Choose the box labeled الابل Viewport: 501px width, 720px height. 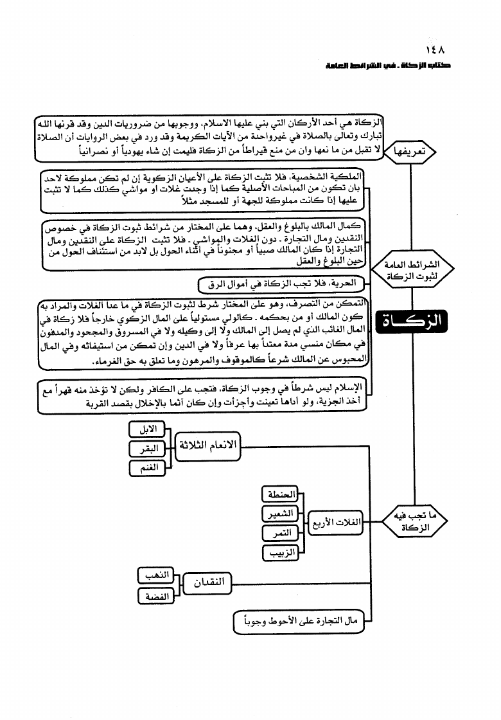tap(147, 429)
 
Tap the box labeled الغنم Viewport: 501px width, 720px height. tap(147, 469)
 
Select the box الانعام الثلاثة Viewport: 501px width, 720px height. tap(207, 447)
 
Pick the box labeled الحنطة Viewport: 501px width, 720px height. tap(281, 494)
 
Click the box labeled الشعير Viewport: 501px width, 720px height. tap(281, 514)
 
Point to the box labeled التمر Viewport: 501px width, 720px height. tap(281, 534)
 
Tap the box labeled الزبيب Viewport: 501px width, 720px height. tap(281, 553)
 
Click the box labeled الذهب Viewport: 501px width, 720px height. tap(156, 576)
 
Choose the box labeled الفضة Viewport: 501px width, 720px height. tap(156, 597)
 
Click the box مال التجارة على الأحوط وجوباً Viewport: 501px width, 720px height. tap(301, 621)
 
